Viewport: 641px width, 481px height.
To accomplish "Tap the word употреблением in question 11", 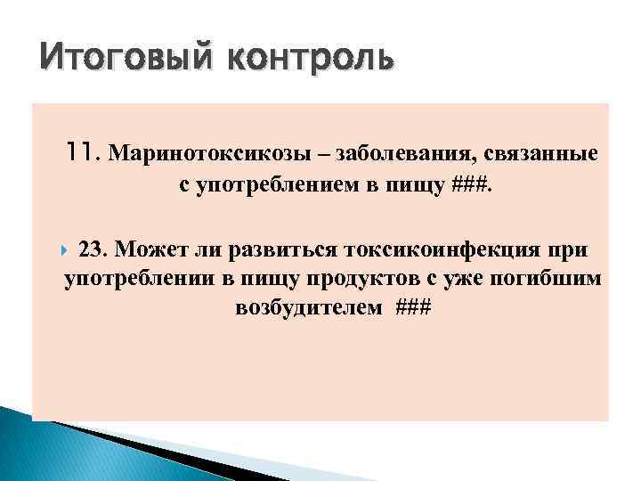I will [x=268, y=185].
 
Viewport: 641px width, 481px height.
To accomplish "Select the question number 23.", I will [x=94, y=247].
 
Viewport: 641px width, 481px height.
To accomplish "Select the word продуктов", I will [x=366, y=278].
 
